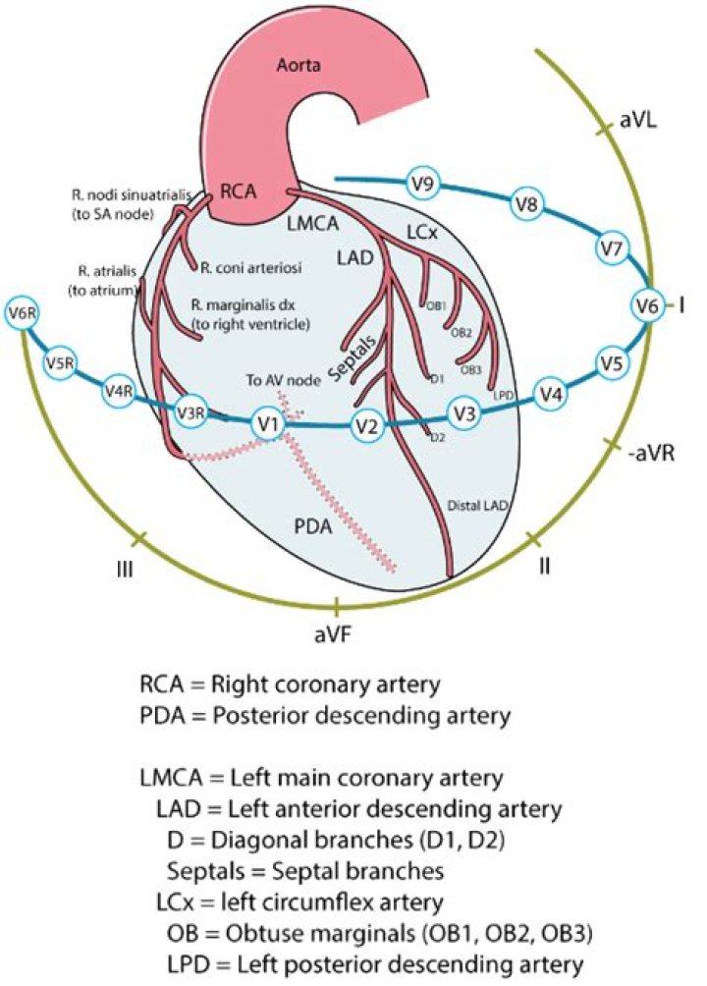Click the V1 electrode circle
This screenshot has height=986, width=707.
[x=264, y=424]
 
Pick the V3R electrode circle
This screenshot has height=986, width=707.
[x=190, y=414]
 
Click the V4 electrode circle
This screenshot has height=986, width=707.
[x=552, y=396]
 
